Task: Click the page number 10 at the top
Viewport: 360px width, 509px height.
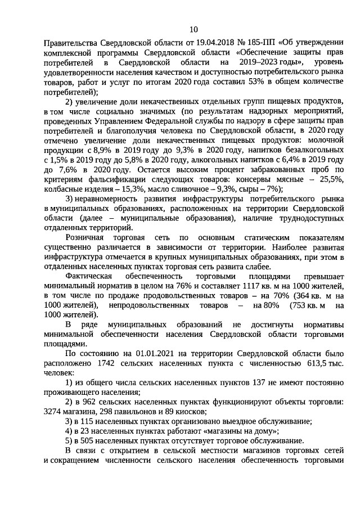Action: pyautogui.click(x=193, y=29)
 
